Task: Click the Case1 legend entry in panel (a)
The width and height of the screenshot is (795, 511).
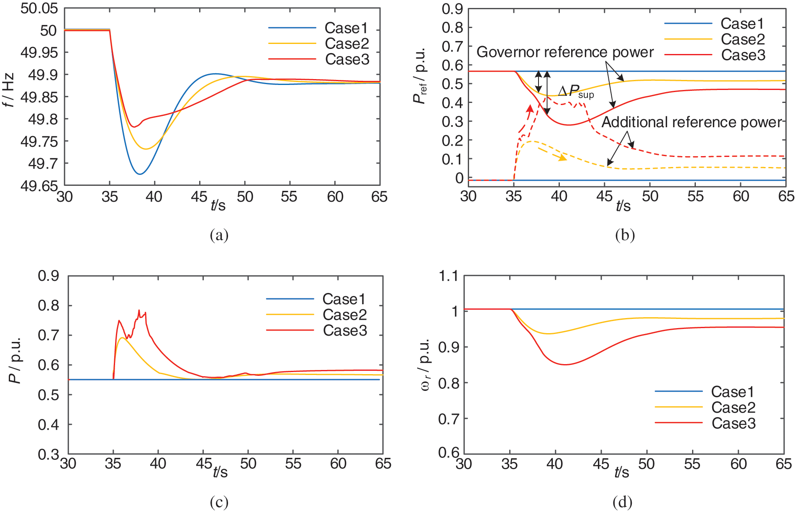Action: pyautogui.click(x=346, y=28)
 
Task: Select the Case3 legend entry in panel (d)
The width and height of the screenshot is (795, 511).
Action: pyautogui.click(x=733, y=424)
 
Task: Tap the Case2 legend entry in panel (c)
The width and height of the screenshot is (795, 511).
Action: pyautogui.click(x=345, y=315)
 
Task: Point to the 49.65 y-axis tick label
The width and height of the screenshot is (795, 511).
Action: pyautogui.click(x=39, y=186)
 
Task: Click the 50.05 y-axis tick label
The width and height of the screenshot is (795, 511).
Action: pyautogui.click(x=39, y=8)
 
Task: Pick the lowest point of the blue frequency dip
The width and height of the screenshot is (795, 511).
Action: pyautogui.click(x=140, y=174)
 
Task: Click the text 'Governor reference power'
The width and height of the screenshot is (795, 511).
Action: pyautogui.click(x=565, y=52)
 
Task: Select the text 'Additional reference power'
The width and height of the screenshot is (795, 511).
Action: pyautogui.click(x=691, y=122)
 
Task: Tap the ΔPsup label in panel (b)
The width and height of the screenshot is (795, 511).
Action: pyautogui.click(x=576, y=92)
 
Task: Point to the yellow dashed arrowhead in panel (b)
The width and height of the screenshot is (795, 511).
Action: pyautogui.click(x=563, y=158)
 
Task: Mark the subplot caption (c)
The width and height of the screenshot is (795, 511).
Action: pyautogui.click(x=219, y=502)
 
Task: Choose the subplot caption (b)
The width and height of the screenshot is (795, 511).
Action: pyautogui.click(x=625, y=235)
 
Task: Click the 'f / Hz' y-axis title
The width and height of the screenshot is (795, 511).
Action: pyautogui.click(x=9, y=90)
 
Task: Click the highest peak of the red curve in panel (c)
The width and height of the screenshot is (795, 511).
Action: pyautogui.click(x=139, y=310)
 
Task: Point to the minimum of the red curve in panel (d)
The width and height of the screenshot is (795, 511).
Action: pyautogui.click(x=565, y=364)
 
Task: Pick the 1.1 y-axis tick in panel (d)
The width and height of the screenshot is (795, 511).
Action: pyautogui.click(x=448, y=276)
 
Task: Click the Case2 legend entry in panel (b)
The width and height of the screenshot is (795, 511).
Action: pyautogui.click(x=743, y=39)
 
